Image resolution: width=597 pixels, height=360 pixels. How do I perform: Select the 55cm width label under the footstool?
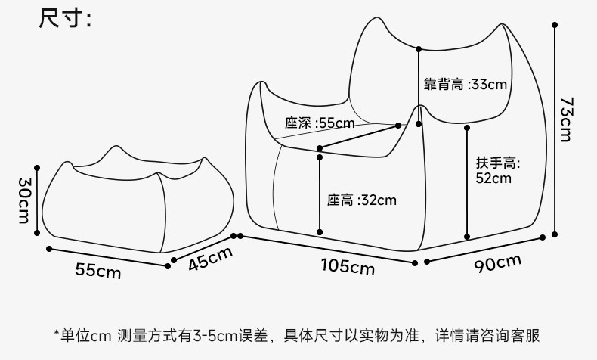97,270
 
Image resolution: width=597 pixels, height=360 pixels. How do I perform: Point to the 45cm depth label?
209,259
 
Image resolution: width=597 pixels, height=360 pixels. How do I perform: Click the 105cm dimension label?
347,265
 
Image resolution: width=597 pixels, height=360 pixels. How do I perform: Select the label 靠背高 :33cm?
465,85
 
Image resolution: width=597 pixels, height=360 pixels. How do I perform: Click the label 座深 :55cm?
319,123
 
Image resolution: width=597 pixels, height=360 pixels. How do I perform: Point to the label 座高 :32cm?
361,200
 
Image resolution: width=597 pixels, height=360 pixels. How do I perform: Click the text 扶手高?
498,163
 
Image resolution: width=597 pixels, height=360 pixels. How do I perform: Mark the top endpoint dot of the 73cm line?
555,25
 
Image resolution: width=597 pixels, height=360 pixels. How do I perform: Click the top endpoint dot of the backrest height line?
418,48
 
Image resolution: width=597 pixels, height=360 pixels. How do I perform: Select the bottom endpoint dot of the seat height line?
320,231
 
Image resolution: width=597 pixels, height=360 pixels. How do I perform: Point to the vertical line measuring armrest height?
468,182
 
